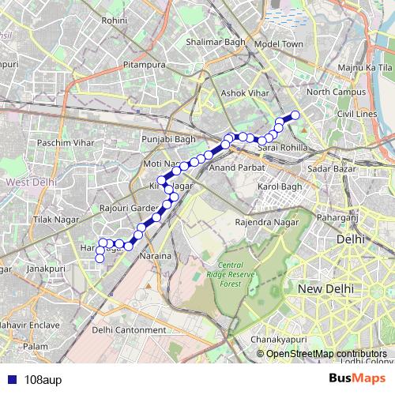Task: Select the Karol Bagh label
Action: [x=280, y=186]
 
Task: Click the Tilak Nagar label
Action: [x=55, y=219]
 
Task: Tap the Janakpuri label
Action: [x=45, y=269]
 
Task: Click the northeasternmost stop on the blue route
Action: [x=295, y=115]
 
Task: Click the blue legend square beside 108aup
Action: [x=12, y=378]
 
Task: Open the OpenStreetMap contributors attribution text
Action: [x=325, y=353]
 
